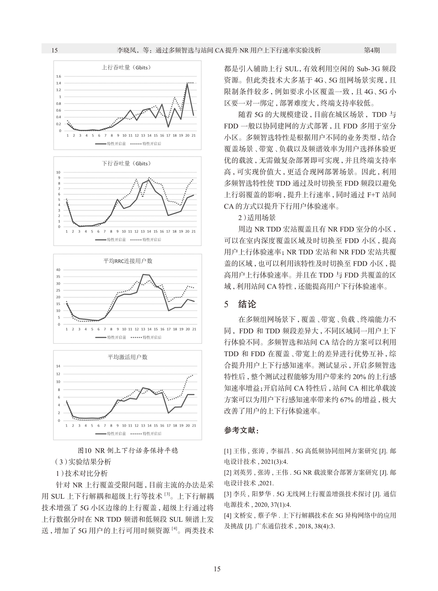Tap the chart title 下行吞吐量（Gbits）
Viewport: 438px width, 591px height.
point(126,163)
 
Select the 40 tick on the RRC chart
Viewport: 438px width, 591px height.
point(58,270)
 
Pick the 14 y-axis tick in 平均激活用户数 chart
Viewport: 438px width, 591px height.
point(58,366)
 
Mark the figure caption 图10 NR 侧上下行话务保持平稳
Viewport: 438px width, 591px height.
point(128,451)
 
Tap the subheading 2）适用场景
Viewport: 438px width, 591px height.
point(257,218)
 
